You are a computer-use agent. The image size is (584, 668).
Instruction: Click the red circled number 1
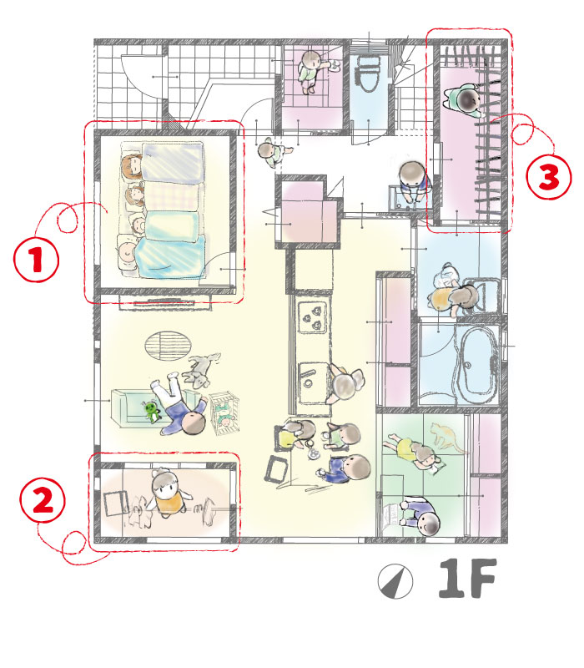click(36, 260)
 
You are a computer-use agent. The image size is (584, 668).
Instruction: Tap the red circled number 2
click(43, 499)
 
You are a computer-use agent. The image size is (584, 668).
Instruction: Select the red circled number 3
click(549, 176)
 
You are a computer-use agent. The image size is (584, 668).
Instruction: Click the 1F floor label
click(467, 578)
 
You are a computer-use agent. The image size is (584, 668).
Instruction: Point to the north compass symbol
click(395, 581)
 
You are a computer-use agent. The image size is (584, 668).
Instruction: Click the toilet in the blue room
click(368, 73)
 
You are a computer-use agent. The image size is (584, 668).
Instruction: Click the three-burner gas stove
click(313, 316)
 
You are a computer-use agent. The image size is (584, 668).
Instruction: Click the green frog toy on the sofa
click(152, 411)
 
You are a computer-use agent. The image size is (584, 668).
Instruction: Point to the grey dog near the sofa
click(200, 369)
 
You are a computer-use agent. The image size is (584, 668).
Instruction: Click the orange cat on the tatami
click(445, 437)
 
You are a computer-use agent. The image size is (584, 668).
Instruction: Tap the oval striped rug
click(168, 346)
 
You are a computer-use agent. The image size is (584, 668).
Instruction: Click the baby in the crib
click(224, 417)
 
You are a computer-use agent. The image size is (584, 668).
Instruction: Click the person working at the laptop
click(420, 516)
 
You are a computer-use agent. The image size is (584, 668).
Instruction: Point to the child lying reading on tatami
click(412, 452)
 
